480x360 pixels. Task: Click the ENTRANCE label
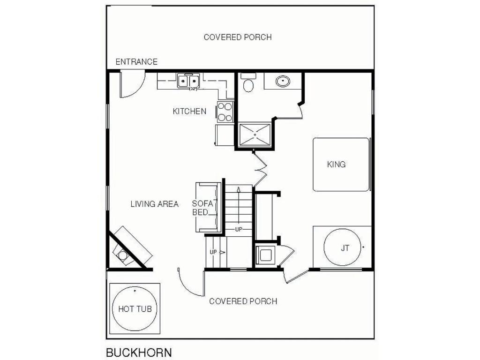(136, 62)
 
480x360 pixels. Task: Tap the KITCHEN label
(189, 111)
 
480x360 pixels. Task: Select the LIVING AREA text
(154, 204)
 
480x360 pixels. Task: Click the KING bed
(341, 165)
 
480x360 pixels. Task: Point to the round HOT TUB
(135, 308)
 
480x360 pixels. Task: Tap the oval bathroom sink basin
(283, 82)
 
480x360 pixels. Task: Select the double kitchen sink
(188, 81)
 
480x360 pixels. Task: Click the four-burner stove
(225, 112)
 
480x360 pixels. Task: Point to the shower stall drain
(255, 135)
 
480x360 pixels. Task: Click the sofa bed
(209, 207)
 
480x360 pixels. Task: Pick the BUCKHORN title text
(139, 352)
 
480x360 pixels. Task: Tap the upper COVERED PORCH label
(238, 37)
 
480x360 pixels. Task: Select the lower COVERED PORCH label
(243, 301)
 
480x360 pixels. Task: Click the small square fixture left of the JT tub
(266, 255)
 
